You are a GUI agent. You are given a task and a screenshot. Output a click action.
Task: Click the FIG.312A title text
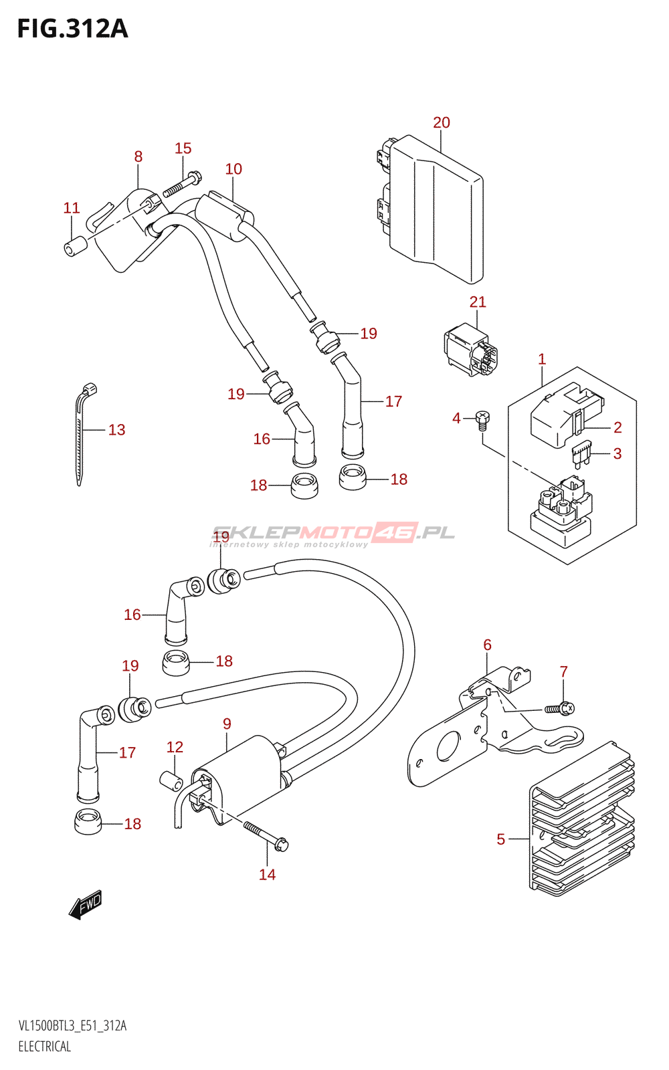72,29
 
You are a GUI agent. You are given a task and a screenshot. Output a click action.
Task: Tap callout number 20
442,122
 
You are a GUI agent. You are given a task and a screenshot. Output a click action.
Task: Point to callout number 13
116,430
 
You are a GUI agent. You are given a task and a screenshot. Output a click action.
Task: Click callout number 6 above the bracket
487,645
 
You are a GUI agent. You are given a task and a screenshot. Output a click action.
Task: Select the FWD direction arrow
86,905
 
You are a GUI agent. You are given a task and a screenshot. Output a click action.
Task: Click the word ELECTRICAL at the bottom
45,1047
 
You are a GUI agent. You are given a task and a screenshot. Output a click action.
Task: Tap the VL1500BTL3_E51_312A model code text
72,1026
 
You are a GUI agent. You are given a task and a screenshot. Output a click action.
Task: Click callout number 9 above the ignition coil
227,724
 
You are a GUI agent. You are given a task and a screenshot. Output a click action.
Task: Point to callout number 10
233,169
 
